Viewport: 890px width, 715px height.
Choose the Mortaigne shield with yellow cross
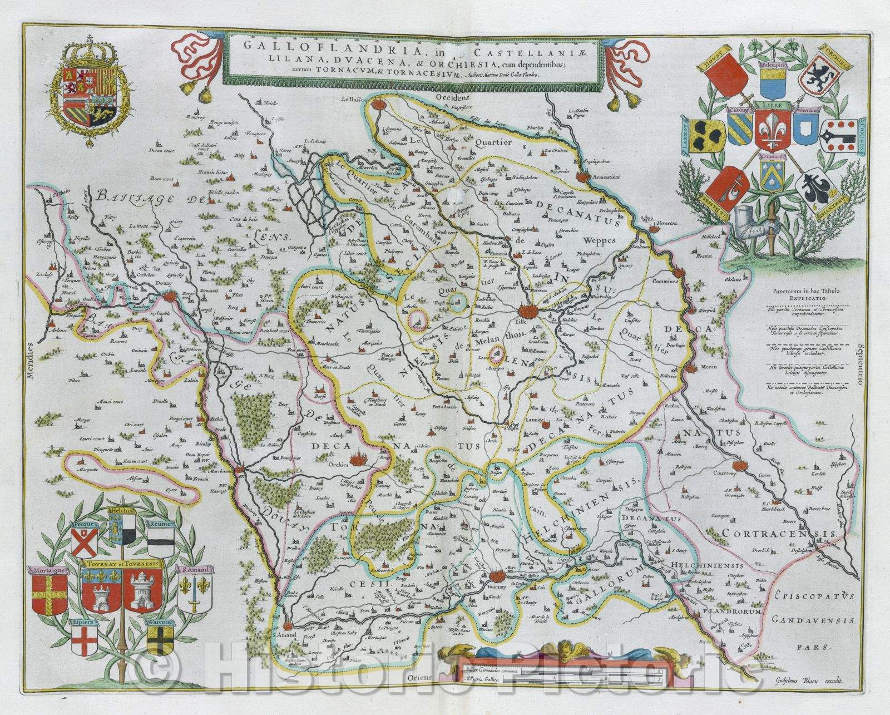pyautogui.click(x=50, y=594)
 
